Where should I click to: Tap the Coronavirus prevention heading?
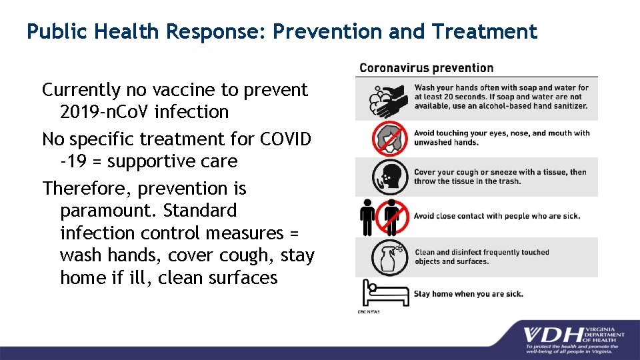point(426,67)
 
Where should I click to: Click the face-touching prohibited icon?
point(389,138)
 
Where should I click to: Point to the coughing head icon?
point(389,176)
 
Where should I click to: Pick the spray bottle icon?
point(389,257)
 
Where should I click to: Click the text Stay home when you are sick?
point(468,293)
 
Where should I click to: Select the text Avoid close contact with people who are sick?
point(497,215)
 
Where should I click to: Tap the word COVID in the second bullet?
point(285,139)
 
